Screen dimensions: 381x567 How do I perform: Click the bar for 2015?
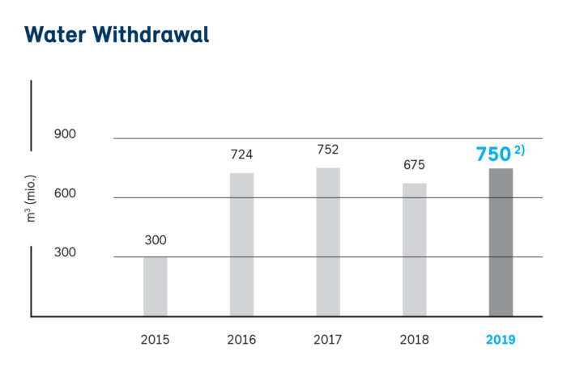coord(156,286)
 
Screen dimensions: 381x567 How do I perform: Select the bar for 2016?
coord(241,244)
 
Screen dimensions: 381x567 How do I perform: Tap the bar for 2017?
coord(328,242)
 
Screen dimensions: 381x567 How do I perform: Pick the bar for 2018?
coord(414,249)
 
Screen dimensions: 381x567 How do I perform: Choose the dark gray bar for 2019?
coord(501,242)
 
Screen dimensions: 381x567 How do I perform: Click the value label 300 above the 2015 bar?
coord(156,240)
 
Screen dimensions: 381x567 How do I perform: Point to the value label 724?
coord(241,155)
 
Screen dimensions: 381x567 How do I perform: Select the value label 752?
coord(328,150)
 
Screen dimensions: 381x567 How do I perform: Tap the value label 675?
coord(414,165)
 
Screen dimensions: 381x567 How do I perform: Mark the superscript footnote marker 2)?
coord(518,149)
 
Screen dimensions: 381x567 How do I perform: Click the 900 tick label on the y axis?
coord(65,133)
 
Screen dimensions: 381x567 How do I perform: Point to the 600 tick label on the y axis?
coord(65,193)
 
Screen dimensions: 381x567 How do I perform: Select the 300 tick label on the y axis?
coord(65,252)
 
